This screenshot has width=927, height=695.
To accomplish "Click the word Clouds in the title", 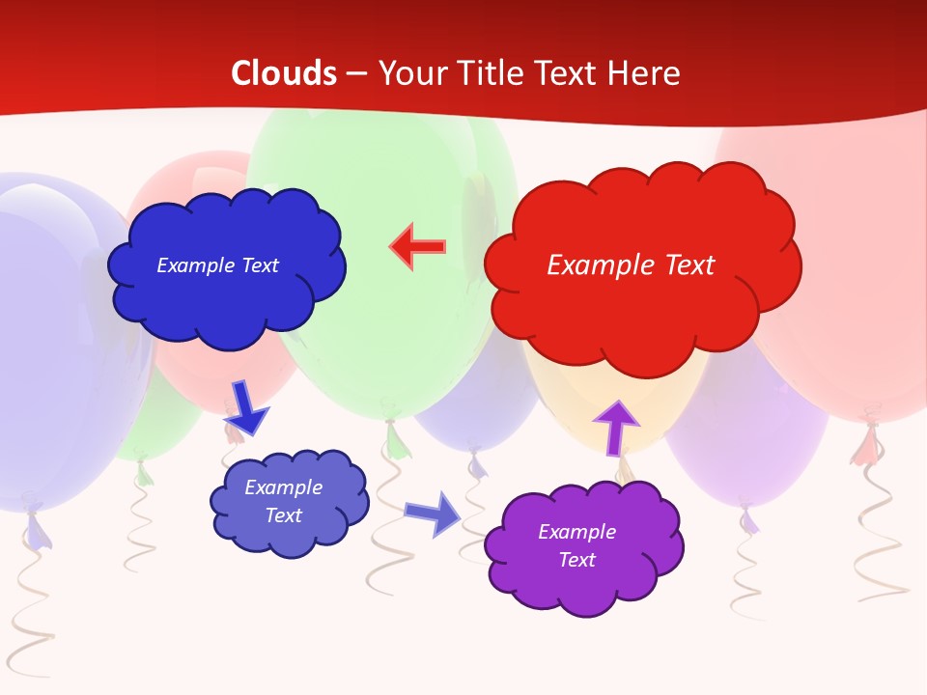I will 283,73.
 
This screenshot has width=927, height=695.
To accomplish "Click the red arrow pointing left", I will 417,247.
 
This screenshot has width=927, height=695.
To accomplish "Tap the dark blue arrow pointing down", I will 245,406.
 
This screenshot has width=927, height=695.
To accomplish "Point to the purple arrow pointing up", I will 615,426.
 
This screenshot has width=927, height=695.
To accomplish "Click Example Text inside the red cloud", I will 631,265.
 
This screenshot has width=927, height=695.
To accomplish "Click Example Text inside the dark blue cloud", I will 217,265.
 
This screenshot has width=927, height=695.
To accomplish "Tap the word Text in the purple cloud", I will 576,560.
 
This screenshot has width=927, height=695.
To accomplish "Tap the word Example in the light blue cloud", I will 283,487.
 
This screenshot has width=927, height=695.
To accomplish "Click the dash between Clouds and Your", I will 356,73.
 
